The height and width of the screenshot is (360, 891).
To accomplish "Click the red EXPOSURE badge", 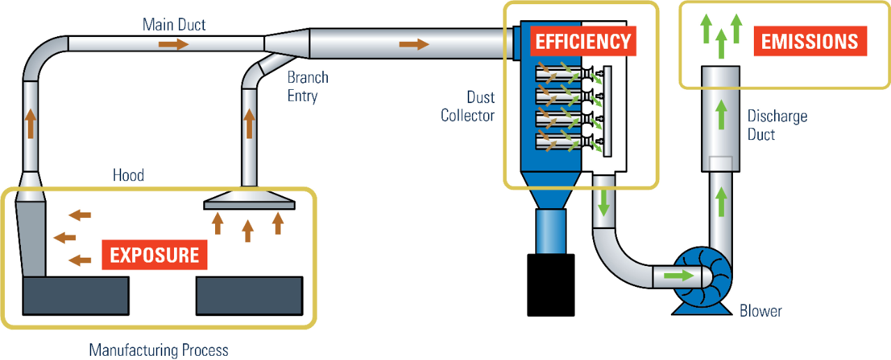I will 155,255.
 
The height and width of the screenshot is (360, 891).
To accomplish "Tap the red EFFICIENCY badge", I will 583,41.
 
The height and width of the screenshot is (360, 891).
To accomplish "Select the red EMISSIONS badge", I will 810,41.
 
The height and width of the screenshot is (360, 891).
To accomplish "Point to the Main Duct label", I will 174,25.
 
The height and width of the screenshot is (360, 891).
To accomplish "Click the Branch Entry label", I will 308,86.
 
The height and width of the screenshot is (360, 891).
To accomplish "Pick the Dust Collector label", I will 467,106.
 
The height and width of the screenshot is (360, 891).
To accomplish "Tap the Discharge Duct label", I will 777,125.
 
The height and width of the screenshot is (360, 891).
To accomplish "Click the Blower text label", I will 760,311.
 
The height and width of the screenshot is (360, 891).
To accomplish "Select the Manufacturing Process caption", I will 158,349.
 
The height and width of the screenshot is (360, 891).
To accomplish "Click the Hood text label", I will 128,175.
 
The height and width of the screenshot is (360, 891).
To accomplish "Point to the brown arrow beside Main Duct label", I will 173,45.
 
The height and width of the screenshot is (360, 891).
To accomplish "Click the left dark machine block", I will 76,295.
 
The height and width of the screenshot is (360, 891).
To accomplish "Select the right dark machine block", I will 249,295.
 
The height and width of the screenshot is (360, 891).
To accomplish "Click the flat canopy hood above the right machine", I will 249,203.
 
